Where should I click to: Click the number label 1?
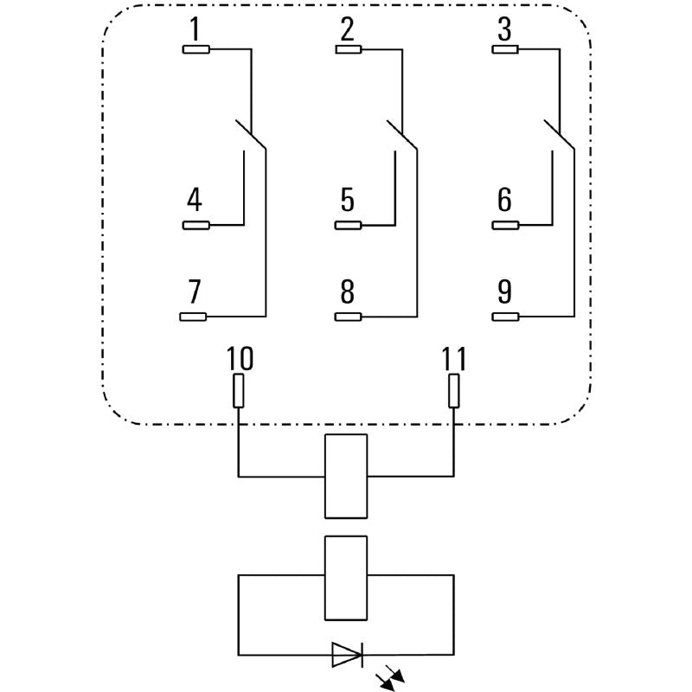click(x=195, y=30)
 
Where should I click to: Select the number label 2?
click(x=347, y=30)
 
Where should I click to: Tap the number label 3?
click(x=504, y=30)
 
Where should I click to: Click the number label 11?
click(x=453, y=358)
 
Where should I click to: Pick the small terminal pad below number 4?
click(x=195, y=226)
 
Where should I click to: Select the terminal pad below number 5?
click(x=348, y=226)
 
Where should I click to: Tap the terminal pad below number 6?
click(x=505, y=226)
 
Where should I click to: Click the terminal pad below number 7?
click(x=193, y=317)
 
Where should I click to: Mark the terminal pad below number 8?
click(x=348, y=317)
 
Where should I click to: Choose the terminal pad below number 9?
click(x=505, y=317)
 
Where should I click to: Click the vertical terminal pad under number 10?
click(x=239, y=390)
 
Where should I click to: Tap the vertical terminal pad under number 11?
click(x=453, y=390)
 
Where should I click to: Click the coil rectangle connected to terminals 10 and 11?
click(x=345, y=476)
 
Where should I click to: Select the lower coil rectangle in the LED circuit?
click(x=345, y=577)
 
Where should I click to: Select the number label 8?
click(x=347, y=292)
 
